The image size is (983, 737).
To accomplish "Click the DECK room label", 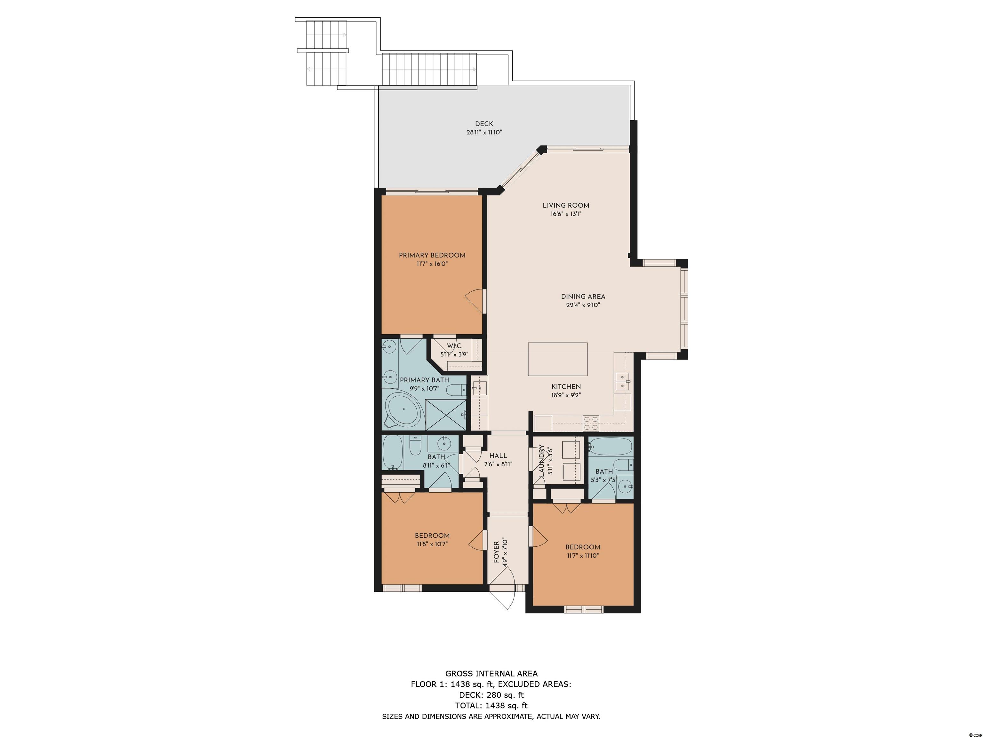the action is (484, 124).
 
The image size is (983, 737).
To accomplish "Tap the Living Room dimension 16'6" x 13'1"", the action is (566, 214).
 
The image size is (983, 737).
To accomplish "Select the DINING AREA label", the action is (583, 297).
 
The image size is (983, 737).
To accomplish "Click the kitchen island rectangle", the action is (558, 359).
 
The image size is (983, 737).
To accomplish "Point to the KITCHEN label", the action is (566, 387).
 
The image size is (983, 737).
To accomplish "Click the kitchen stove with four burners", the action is (591, 424).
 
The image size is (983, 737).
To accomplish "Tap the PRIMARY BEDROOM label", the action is (432, 256).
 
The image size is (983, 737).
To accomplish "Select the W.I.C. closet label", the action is (455, 345).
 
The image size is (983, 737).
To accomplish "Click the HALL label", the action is (498, 456).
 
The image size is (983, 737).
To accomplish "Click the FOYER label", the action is (496, 552).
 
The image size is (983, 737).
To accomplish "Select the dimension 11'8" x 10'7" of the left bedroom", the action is (432, 544).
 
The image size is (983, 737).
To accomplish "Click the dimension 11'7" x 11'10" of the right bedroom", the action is (583, 555).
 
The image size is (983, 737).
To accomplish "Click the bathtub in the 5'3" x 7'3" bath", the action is (611, 447).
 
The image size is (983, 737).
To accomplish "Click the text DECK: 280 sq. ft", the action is (491, 695).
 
